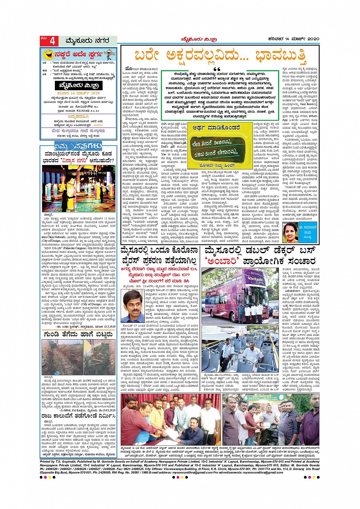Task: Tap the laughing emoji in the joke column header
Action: click(48, 54)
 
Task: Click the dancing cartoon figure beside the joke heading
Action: click(110, 54)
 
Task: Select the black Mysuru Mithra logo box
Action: click(77, 85)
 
